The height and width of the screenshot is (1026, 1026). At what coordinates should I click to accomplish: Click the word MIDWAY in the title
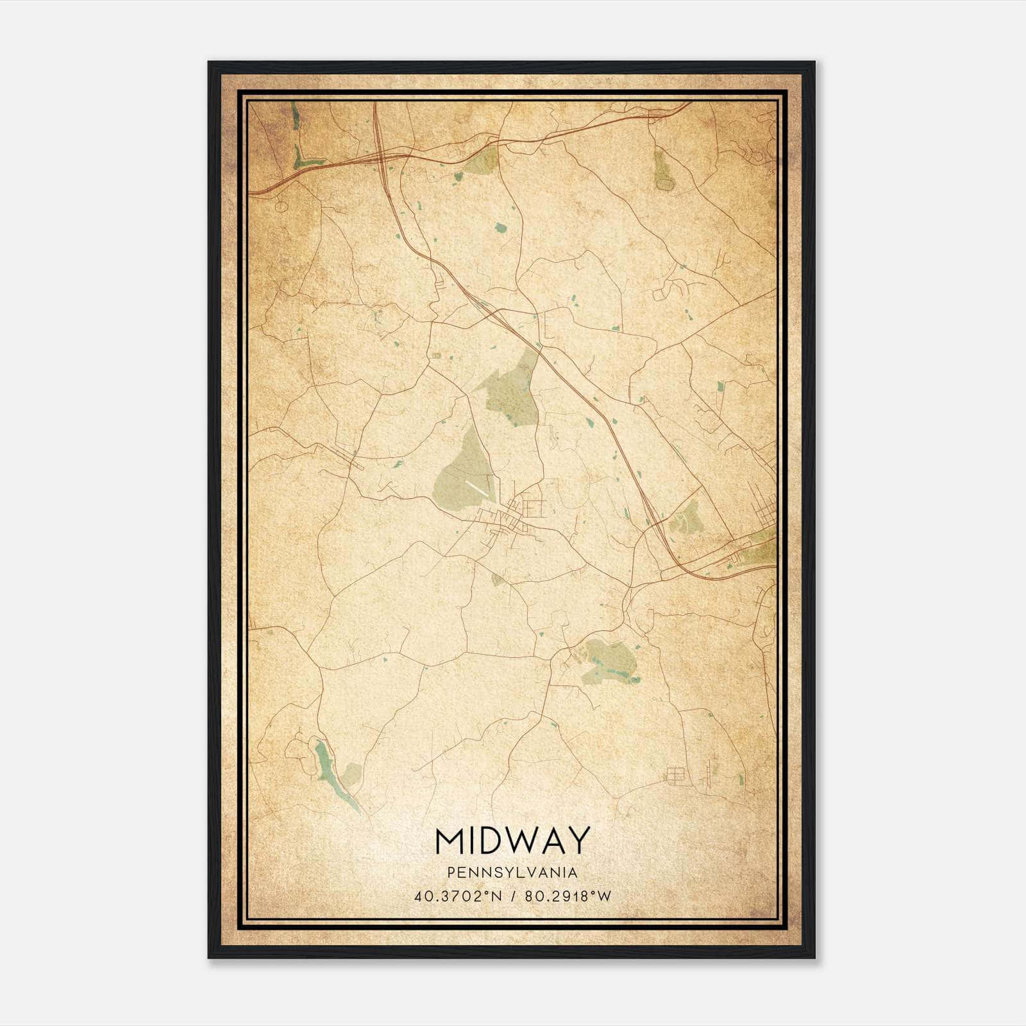coord(512,841)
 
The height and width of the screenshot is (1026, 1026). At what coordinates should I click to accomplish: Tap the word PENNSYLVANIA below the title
coord(512,873)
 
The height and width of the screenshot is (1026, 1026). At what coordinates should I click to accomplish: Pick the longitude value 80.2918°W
coord(568,896)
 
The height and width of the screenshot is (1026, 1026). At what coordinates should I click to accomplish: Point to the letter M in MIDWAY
coord(450,841)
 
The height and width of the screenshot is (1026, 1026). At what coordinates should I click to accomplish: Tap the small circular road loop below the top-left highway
coord(281,206)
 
